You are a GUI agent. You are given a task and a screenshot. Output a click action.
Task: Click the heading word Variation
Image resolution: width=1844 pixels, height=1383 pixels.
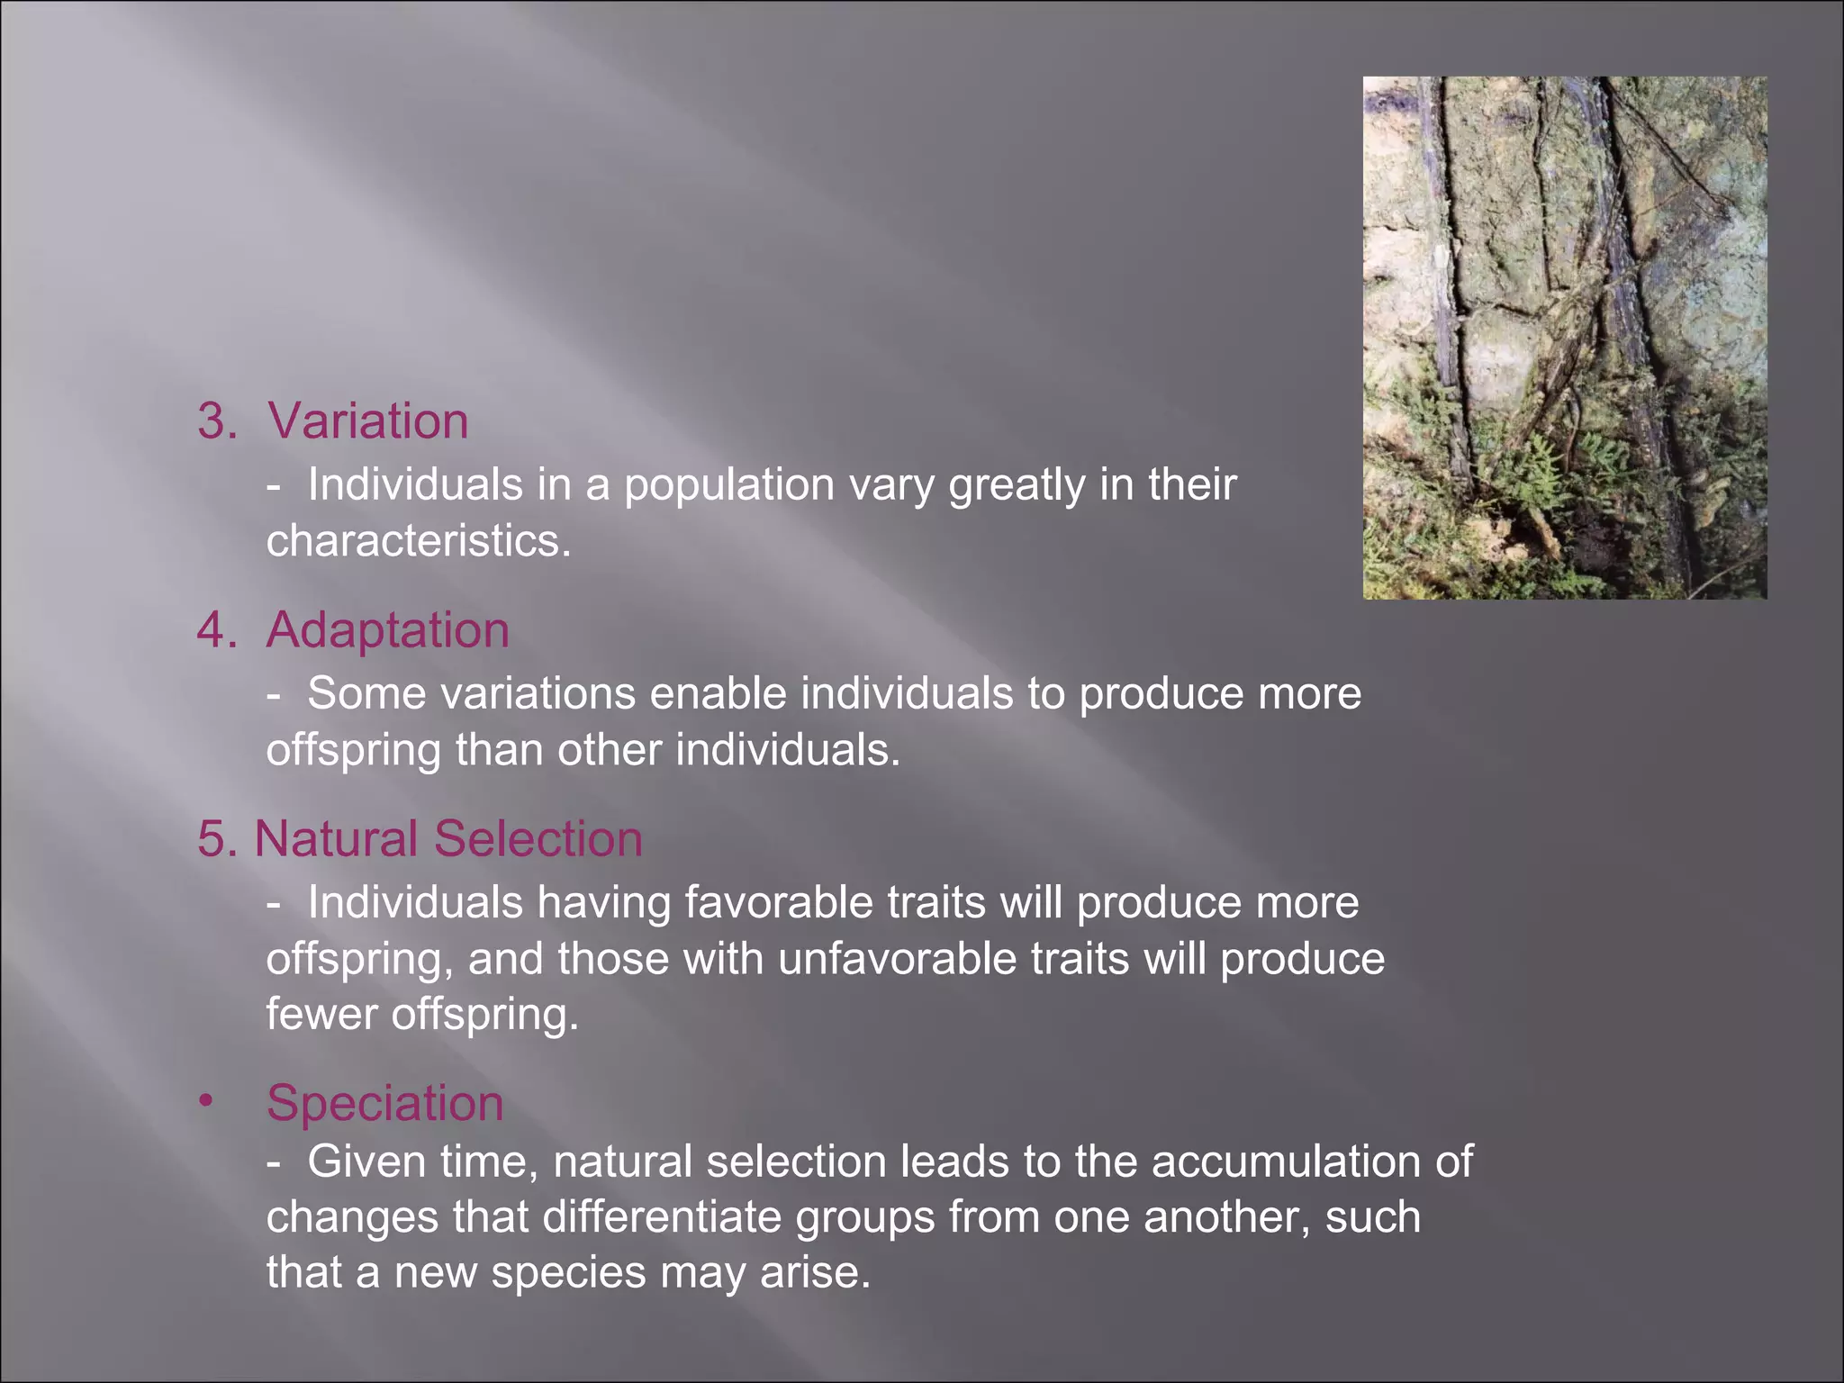[368, 420]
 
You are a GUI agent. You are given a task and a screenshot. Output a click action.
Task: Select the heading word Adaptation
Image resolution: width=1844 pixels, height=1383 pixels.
[388, 629]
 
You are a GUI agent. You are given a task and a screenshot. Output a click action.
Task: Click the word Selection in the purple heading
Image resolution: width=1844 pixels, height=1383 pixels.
[538, 838]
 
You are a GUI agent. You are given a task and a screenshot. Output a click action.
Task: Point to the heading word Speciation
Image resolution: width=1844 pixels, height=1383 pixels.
[385, 1103]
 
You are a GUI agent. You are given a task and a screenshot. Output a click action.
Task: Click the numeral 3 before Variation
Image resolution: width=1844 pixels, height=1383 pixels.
[212, 421]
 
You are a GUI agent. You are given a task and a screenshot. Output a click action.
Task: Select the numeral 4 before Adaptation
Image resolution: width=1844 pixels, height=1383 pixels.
[212, 630]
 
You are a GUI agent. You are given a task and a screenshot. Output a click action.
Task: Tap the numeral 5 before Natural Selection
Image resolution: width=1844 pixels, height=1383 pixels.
[212, 839]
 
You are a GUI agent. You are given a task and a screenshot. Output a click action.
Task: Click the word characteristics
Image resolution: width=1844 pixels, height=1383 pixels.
[419, 541]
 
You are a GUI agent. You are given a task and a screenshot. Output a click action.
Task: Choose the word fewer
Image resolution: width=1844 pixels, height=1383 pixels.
[321, 1015]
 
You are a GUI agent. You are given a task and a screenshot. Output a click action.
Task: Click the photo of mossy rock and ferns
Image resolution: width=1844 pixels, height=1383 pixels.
[1565, 338]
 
